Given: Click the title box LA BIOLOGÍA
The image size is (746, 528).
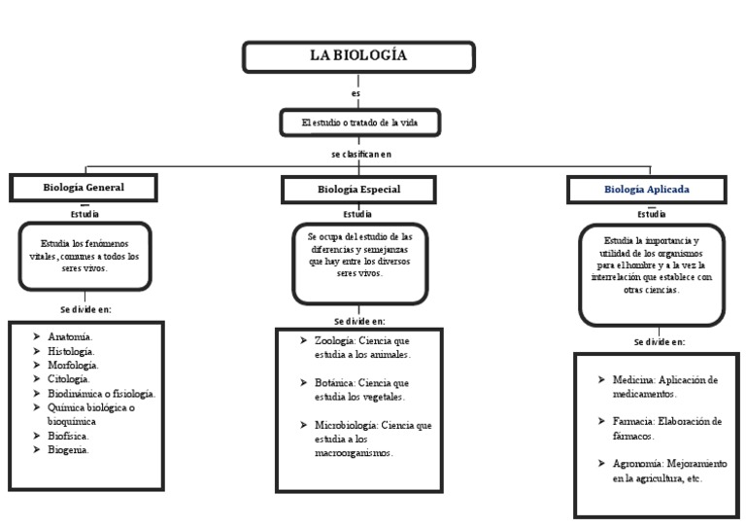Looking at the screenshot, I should (358, 57).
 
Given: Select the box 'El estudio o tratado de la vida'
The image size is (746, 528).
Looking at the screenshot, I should (358, 123).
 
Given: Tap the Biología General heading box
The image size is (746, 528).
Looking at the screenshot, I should (84, 187).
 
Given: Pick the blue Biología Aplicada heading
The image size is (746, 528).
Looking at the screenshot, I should (647, 190).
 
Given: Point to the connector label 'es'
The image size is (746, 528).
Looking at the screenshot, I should (356, 94).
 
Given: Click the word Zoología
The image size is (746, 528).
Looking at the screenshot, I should (333, 340).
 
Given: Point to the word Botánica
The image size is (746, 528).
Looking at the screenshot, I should (333, 383).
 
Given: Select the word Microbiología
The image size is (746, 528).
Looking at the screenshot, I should (346, 426).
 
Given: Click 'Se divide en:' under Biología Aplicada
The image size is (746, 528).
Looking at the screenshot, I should (659, 342).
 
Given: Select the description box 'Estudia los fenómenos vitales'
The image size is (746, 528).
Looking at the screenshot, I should (84, 256).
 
